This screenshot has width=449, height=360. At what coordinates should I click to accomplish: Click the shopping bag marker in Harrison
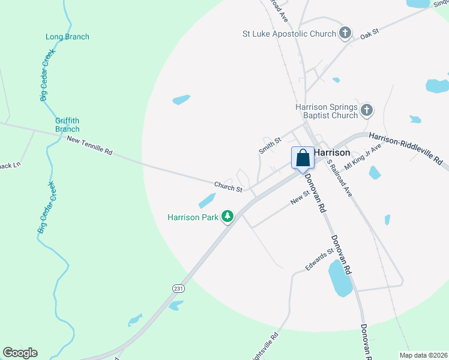[303, 158]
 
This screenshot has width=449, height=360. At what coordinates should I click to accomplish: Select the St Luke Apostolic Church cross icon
[345, 34]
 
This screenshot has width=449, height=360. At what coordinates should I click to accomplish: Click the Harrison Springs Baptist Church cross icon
[367, 110]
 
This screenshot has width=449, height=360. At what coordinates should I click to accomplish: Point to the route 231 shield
[179, 289]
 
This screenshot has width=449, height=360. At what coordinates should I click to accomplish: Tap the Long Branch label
[67, 37]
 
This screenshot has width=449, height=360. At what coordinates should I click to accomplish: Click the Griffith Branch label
[67, 124]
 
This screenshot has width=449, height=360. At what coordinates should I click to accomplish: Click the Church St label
[228, 187]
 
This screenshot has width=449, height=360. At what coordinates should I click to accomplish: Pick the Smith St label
[270, 145]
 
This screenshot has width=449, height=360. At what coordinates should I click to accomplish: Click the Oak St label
[370, 34]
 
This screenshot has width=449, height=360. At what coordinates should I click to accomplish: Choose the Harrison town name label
[332, 152]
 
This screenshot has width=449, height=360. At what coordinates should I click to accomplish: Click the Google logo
[20, 353]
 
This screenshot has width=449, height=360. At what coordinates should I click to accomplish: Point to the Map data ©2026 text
[424, 355]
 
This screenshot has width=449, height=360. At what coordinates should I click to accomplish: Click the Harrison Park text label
[193, 217]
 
